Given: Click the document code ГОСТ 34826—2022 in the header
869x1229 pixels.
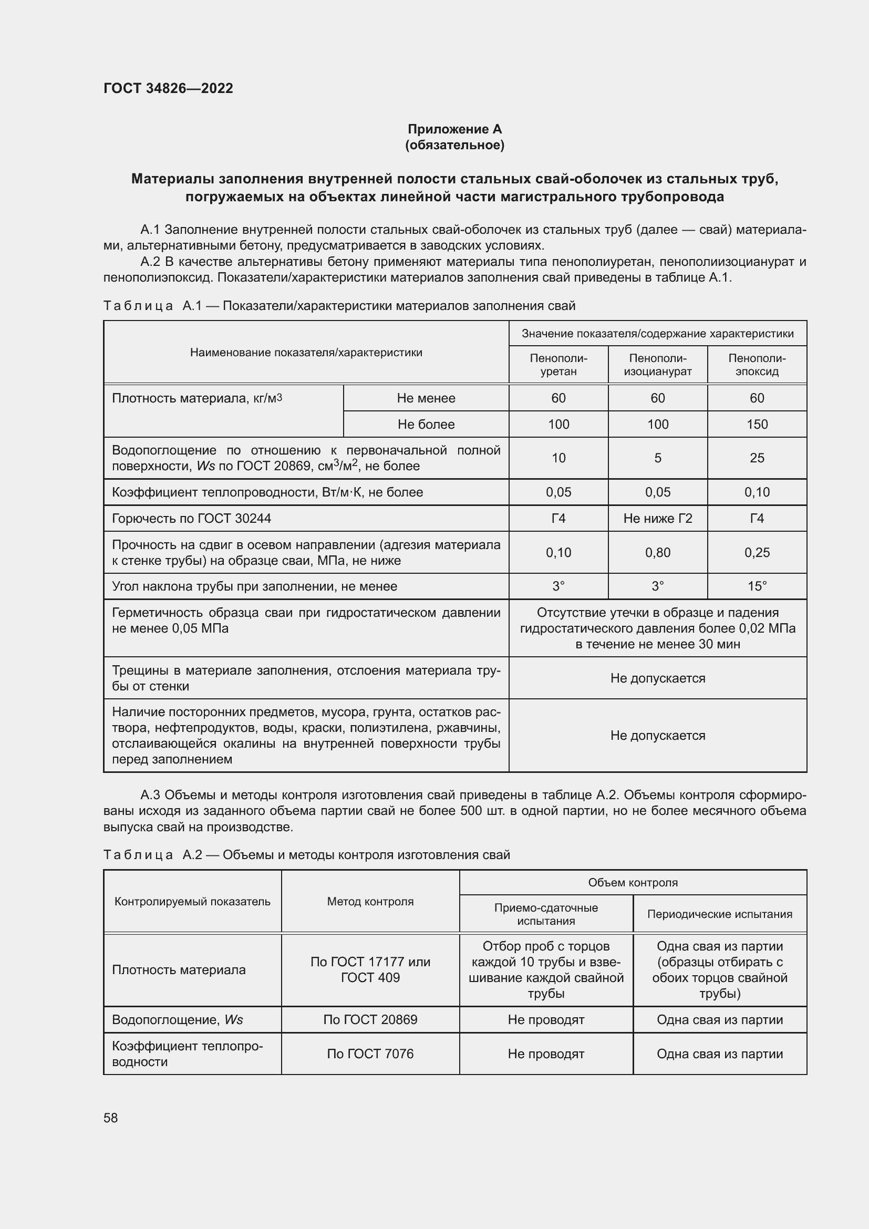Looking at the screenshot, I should tap(168, 88).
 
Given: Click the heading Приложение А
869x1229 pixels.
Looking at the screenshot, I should tap(454, 129).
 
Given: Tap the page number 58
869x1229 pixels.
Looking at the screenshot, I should tap(111, 1118).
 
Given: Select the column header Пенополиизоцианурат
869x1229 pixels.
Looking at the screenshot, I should tap(657, 365).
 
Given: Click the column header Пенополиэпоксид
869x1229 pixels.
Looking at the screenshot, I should tap(757, 365).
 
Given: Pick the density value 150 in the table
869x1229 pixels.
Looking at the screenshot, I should tap(757, 425).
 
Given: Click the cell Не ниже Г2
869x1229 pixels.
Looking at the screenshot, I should tap(657, 518).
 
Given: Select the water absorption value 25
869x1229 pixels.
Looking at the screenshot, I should tap(757, 458).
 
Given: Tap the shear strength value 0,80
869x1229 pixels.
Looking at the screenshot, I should tap(657, 552).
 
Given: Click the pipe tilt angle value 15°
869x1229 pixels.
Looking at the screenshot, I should tap(757, 586).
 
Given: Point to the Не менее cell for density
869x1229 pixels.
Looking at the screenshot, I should tap(426, 398).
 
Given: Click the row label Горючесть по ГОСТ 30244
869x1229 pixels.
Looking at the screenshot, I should tap(192, 518).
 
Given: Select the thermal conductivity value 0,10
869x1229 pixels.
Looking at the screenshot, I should tap(757, 492).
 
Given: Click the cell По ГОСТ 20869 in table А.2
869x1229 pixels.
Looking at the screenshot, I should tap(370, 1020).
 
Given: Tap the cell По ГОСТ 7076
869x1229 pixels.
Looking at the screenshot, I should tap(370, 1054).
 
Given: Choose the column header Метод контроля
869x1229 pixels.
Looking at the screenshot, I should tap(370, 902).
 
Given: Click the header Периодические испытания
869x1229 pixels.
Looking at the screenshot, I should tap(719, 914).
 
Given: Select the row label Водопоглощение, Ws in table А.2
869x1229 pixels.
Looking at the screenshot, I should tap(177, 1020).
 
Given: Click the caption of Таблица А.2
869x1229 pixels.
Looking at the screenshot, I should tap(306, 855).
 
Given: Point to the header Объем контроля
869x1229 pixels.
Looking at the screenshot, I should tap(633, 883).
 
